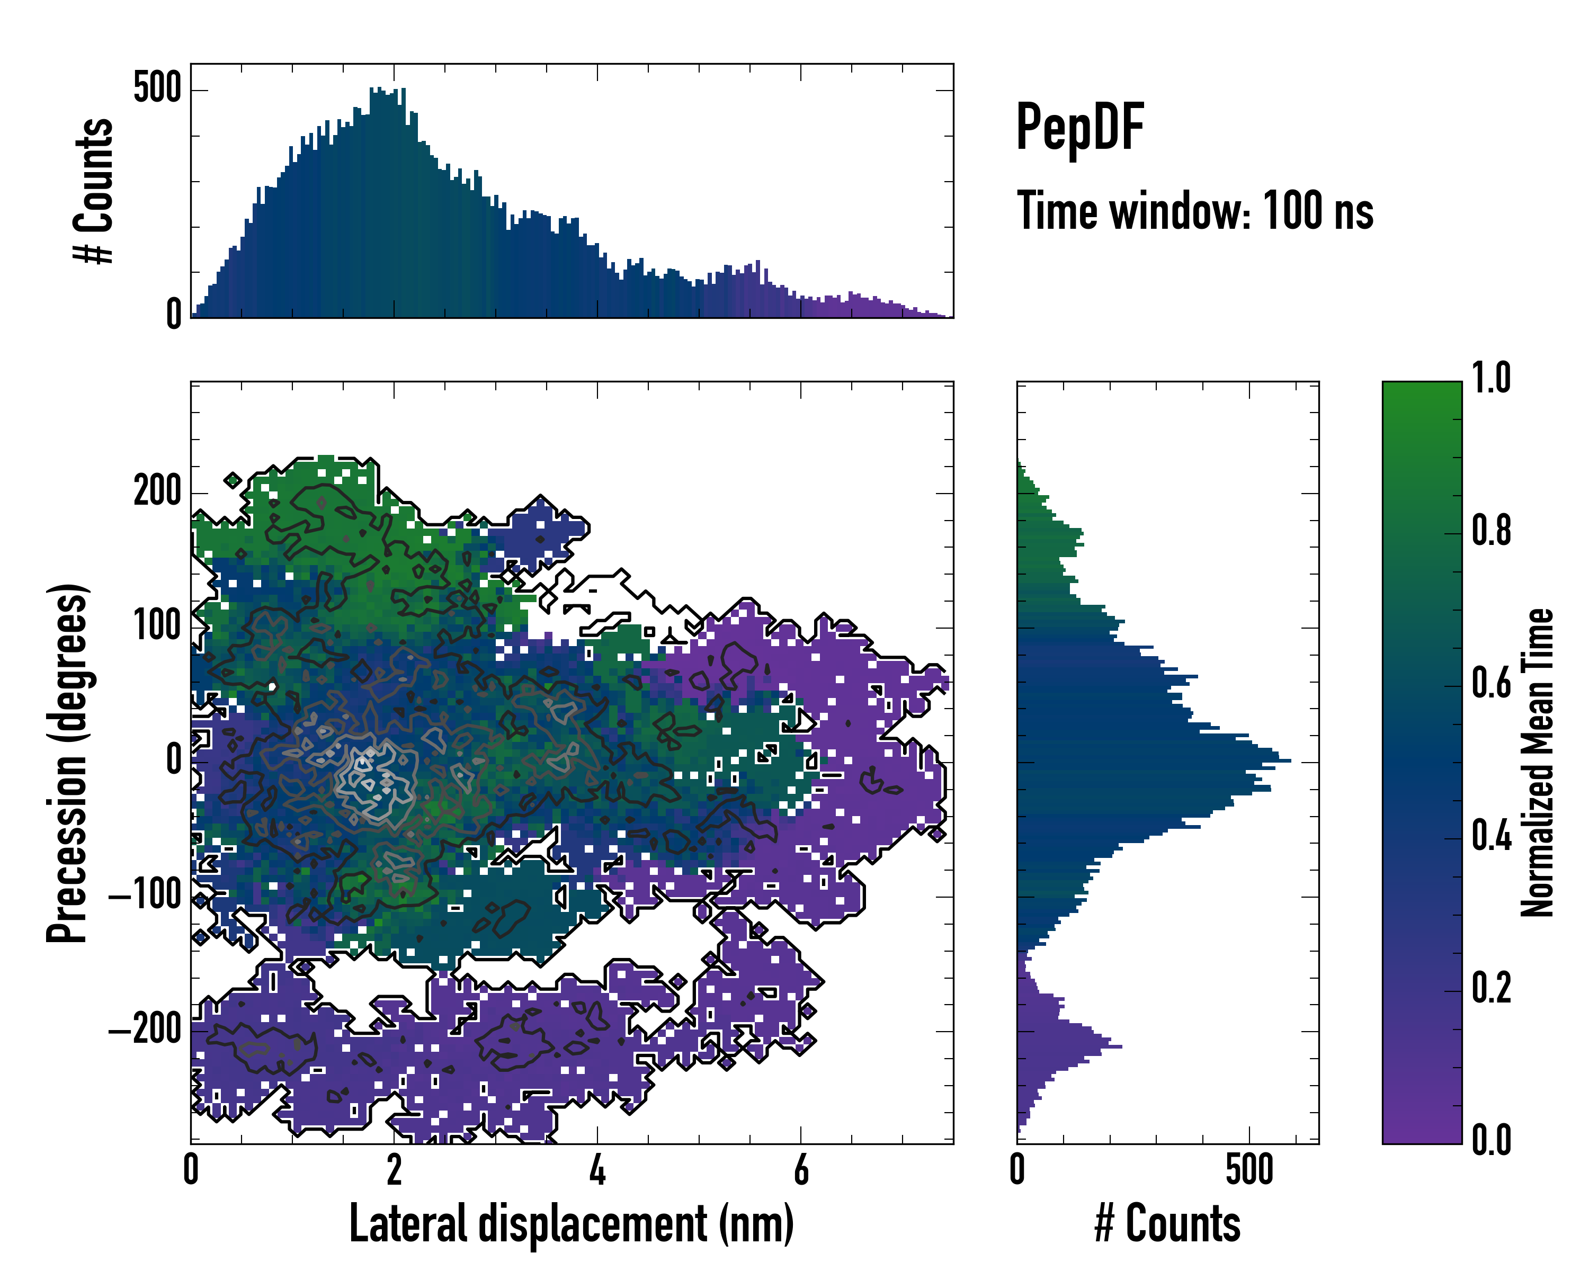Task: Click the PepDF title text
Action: click(1079, 127)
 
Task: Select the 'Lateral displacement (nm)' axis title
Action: click(571, 1223)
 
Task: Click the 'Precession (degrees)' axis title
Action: click(68, 763)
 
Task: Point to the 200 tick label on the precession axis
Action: click(157, 491)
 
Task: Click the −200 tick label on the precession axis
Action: click(145, 1030)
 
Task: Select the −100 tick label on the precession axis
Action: click(145, 895)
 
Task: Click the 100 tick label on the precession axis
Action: click(157, 626)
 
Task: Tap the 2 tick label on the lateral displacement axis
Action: click(394, 1169)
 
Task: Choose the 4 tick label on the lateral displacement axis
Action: click(597, 1169)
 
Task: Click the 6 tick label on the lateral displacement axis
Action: click(800, 1169)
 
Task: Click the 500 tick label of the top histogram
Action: click(157, 89)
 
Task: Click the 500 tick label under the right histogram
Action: click(1249, 1169)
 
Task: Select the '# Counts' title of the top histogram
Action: click(94, 191)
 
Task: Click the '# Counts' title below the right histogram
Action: click(1167, 1223)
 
